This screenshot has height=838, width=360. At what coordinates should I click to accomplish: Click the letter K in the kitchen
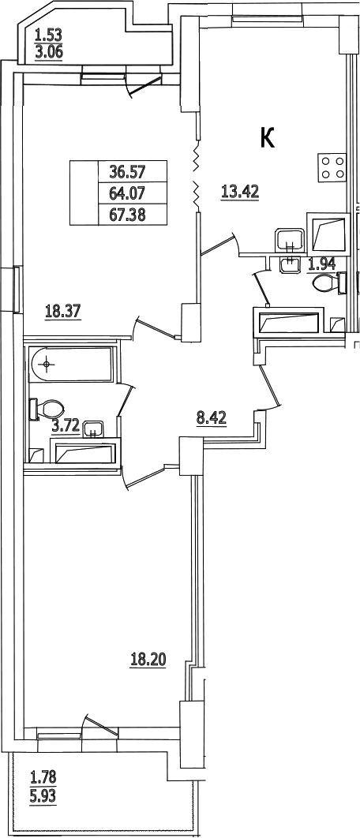268,138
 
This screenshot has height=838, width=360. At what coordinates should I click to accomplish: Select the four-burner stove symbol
332,166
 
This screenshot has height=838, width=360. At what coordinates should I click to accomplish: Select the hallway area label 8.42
212,418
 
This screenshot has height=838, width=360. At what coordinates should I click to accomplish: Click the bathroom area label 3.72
66,426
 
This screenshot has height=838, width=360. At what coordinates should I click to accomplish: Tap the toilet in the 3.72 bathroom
47,410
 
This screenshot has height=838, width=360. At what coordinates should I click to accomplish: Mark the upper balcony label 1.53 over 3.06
49,45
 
